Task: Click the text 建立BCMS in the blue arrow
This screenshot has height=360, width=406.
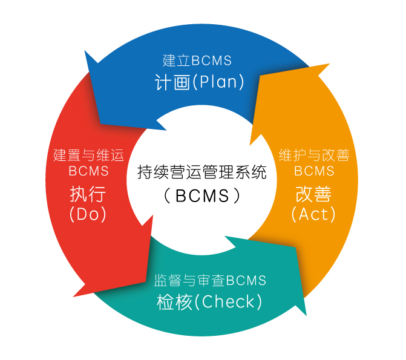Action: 197,61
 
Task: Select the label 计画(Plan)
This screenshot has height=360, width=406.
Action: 200,82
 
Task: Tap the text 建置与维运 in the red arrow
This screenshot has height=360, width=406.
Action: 88,155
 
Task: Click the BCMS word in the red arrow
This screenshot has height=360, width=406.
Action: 88,171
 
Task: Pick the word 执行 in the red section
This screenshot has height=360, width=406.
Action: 88,194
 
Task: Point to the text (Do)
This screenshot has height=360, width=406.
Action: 88,214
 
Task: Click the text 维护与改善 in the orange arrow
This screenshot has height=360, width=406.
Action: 314,155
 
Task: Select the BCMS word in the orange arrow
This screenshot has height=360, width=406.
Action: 314,171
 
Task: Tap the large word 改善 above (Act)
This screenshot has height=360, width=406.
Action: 313,194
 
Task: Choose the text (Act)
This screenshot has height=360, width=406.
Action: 313,214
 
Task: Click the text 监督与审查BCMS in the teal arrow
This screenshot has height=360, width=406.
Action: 210,280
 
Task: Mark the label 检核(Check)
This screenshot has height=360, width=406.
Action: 209,302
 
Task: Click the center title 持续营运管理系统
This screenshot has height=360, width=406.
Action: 202,172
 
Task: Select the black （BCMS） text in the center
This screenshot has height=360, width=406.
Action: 202,195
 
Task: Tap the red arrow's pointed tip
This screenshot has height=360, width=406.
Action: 74,296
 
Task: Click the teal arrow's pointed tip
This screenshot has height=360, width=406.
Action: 307,316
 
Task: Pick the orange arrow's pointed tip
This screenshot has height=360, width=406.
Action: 329,64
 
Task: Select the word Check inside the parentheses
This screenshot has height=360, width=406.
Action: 228,301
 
